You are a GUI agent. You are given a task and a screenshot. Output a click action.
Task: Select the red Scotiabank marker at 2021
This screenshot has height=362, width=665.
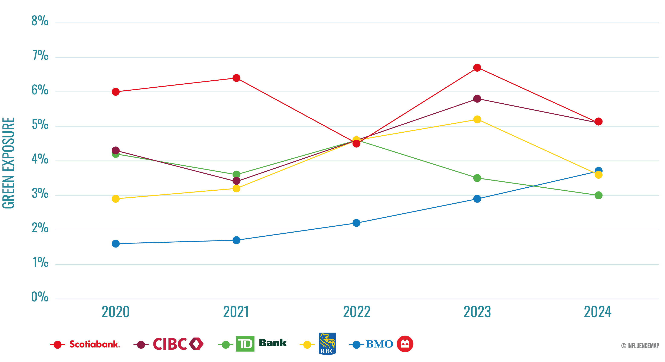(236, 78)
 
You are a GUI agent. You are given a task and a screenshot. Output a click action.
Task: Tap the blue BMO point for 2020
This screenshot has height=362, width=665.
(116, 243)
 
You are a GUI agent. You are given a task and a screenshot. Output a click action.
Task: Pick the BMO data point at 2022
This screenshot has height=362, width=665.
(356, 223)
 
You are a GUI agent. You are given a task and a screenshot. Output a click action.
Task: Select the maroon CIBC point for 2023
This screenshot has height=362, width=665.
(477, 99)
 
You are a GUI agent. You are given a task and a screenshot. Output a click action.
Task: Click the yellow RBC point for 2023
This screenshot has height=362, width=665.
(477, 119)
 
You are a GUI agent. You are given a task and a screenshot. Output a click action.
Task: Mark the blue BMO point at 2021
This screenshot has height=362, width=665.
(236, 240)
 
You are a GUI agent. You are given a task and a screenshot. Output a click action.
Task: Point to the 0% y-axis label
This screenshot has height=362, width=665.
(40, 297)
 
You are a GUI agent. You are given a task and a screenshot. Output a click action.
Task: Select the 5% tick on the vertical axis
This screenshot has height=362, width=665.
(40, 125)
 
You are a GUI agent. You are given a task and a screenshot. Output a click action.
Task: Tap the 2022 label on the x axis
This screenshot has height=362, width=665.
(357, 312)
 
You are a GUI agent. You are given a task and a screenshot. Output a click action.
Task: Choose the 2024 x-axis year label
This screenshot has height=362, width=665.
(598, 312)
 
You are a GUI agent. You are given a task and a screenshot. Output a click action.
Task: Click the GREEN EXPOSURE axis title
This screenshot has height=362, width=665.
(8, 163)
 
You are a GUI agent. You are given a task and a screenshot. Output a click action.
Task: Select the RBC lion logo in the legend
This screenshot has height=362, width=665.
(327, 344)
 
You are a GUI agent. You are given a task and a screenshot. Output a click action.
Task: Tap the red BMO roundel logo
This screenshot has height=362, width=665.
(405, 344)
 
